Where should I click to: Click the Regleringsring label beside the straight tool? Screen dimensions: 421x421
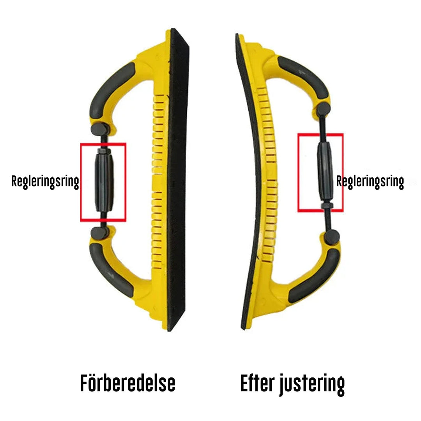point(45,182)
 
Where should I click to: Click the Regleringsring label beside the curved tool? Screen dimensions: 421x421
point(370,182)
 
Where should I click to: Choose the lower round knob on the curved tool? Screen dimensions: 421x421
point(333,236)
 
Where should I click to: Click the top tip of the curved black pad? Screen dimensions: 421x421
point(237,36)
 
